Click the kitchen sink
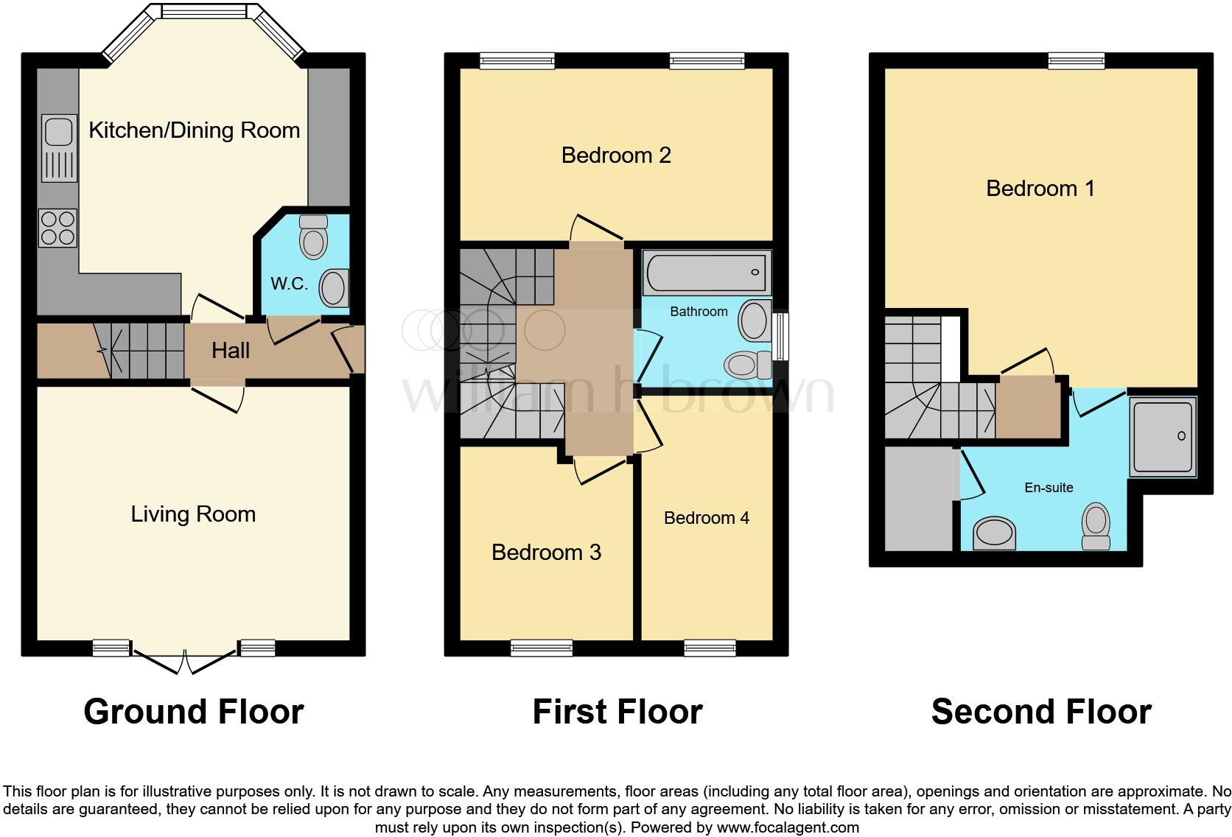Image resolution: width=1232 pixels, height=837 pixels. point(59,147)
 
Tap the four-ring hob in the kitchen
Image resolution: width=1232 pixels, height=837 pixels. point(58,227)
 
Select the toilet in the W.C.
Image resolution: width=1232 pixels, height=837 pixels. point(314,237)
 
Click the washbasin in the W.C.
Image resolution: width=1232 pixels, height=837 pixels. point(334,287)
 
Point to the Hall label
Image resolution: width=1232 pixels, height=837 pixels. point(231,351)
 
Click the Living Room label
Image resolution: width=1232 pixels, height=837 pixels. point(193,514)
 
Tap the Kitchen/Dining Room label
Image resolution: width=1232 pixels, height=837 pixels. point(195,130)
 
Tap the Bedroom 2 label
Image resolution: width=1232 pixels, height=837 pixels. point(616,155)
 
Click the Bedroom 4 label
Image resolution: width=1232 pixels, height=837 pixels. point(706,518)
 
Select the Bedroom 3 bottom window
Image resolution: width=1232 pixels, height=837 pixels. point(542,648)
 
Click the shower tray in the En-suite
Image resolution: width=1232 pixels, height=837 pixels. point(1163,436)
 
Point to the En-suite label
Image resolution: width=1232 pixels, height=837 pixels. point(1049,488)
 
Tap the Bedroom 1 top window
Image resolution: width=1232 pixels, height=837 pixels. point(1076,61)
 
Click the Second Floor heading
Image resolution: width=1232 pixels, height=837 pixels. point(1040,712)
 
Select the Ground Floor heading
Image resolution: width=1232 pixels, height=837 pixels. point(194,712)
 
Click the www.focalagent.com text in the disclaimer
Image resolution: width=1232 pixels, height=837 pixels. point(788,827)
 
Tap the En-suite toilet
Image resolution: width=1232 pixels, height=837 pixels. point(1096,526)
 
